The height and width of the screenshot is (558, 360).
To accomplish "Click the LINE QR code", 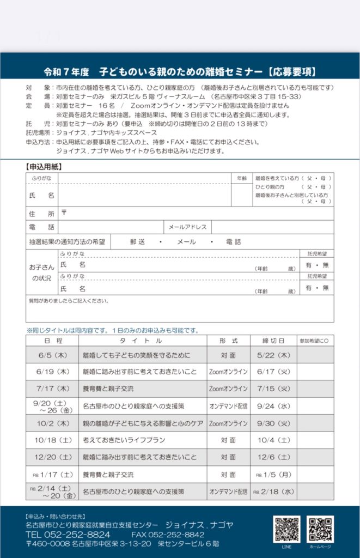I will click(x=286, y=529).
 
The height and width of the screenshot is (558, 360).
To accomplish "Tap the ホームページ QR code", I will click(x=320, y=529).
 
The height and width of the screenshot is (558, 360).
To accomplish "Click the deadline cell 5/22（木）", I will click(x=273, y=355).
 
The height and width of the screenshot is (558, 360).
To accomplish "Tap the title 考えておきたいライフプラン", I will click(x=124, y=440).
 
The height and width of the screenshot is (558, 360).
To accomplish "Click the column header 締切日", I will click(x=273, y=341).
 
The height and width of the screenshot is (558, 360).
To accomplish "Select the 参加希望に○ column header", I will click(x=315, y=341).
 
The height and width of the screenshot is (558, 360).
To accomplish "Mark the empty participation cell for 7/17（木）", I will click(x=315, y=389).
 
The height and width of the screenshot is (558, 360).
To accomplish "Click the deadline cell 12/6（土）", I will click(x=273, y=457).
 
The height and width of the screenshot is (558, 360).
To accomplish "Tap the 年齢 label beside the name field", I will click(x=242, y=178).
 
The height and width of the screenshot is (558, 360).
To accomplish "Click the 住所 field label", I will click(x=41, y=213).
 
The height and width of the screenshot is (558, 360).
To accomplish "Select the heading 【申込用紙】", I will click(x=44, y=166).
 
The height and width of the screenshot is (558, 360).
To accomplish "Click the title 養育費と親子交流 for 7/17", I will click(x=108, y=389).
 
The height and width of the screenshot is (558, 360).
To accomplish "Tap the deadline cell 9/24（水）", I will click(x=273, y=406).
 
